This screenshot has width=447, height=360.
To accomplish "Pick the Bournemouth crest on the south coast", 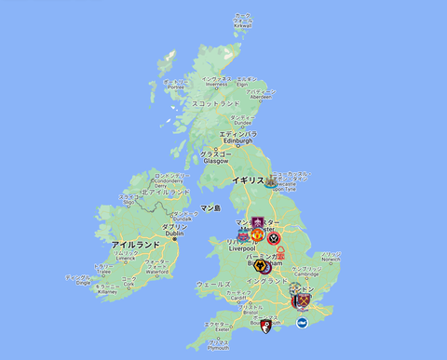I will pos(267,326).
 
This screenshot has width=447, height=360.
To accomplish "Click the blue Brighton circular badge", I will pos(301,323).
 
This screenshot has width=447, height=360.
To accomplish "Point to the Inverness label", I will pos(215,82).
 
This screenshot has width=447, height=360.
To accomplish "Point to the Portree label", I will pos(173,87).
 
